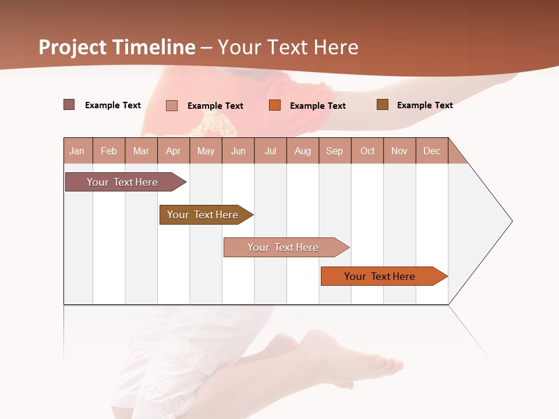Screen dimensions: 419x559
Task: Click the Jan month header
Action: click(x=77, y=151)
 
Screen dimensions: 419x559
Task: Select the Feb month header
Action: click(x=109, y=151)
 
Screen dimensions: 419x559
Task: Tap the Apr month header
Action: click(x=174, y=151)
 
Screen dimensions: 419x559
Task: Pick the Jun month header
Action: click(x=238, y=151)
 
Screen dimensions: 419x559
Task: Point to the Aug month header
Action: click(x=303, y=151)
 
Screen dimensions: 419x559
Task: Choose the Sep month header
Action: click(x=335, y=151)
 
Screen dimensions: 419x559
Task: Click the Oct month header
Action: click(x=367, y=151)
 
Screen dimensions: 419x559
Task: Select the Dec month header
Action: click(x=432, y=151)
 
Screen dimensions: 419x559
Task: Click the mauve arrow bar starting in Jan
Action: click(x=122, y=182)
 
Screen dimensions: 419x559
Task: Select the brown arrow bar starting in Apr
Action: click(x=203, y=215)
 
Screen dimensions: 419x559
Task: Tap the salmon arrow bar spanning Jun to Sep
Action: click(x=284, y=247)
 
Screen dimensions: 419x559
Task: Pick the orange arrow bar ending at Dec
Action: click(x=380, y=276)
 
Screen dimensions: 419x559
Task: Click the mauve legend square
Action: click(x=69, y=105)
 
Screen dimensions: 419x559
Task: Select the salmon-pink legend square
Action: click(x=172, y=105)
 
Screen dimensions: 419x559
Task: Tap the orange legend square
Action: click(x=275, y=105)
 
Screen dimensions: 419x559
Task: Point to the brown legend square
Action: click(x=383, y=105)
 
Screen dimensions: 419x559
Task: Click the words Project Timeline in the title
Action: click(x=116, y=47)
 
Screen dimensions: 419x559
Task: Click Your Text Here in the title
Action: click(x=288, y=47)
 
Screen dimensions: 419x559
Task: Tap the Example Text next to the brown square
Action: click(x=425, y=105)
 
